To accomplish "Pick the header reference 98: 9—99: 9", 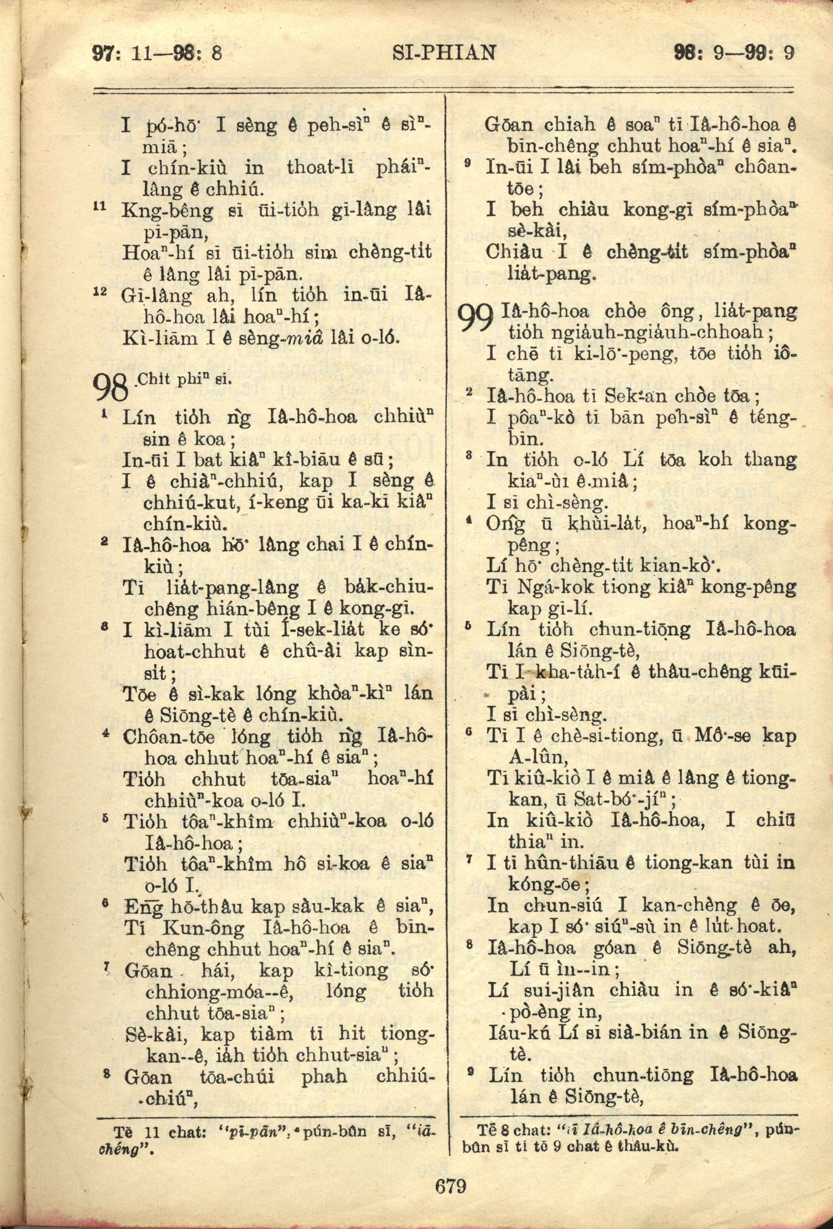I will (734, 54).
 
